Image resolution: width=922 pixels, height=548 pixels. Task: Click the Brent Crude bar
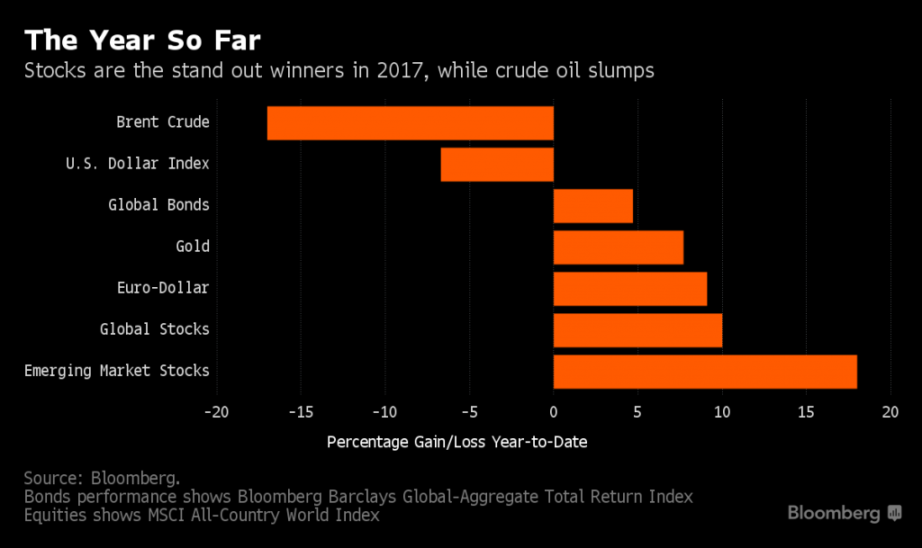(x=410, y=123)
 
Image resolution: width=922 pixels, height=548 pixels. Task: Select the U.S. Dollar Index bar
(x=497, y=165)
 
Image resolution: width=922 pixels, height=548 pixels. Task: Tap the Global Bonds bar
(x=592, y=206)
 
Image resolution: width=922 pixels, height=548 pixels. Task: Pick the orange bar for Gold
(x=618, y=247)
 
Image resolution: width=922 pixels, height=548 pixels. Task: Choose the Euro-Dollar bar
(x=629, y=289)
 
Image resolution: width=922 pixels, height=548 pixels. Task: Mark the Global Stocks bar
(x=637, y=330)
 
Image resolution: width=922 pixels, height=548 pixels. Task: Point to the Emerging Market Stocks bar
(x=705, y=372)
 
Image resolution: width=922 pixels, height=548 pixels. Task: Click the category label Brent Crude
(x=163, y=122)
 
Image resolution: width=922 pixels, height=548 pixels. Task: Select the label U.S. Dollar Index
(x=137, y=164)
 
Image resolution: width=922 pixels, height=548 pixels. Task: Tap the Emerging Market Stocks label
(x=116, y=371)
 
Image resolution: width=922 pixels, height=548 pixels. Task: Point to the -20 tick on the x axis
(x=216, y=411)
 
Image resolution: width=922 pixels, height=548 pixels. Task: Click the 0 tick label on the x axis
(x=553, y=411)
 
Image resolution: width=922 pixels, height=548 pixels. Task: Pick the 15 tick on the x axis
(x=806, y=411)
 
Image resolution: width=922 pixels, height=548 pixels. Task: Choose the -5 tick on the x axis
(x=468, y=411)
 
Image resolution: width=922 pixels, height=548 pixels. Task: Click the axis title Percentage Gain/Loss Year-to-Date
(x=457, y=442)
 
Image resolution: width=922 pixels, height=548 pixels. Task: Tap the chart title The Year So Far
(x=143, y=40)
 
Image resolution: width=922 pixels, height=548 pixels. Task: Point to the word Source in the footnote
(x=52, y=478)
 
